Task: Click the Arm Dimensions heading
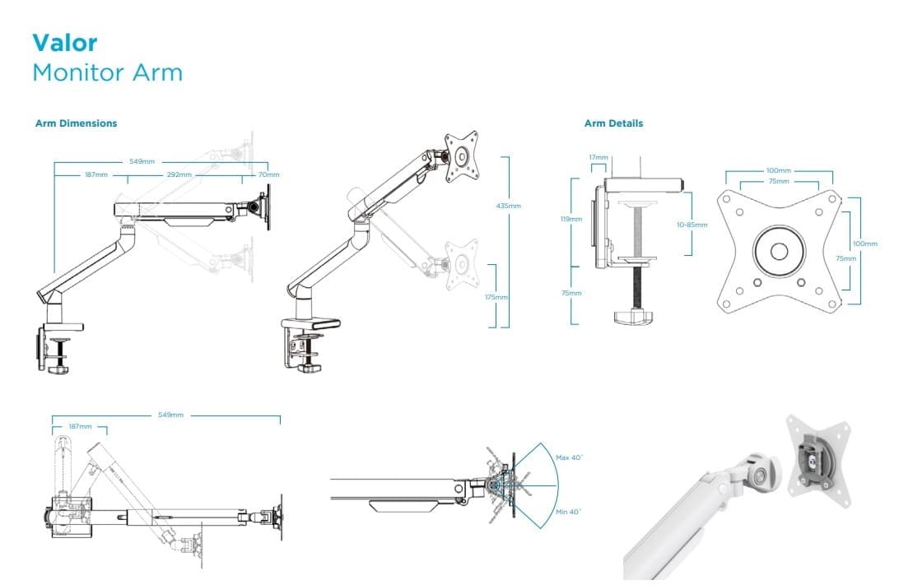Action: [76, 123]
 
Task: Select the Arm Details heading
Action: [613, 123]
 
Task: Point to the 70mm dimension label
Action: [268, 174]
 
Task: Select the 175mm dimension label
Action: [496, 296]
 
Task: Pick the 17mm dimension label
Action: [599, 157]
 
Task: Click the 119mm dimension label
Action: [571, 220]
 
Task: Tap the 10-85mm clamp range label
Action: [692, 224]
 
